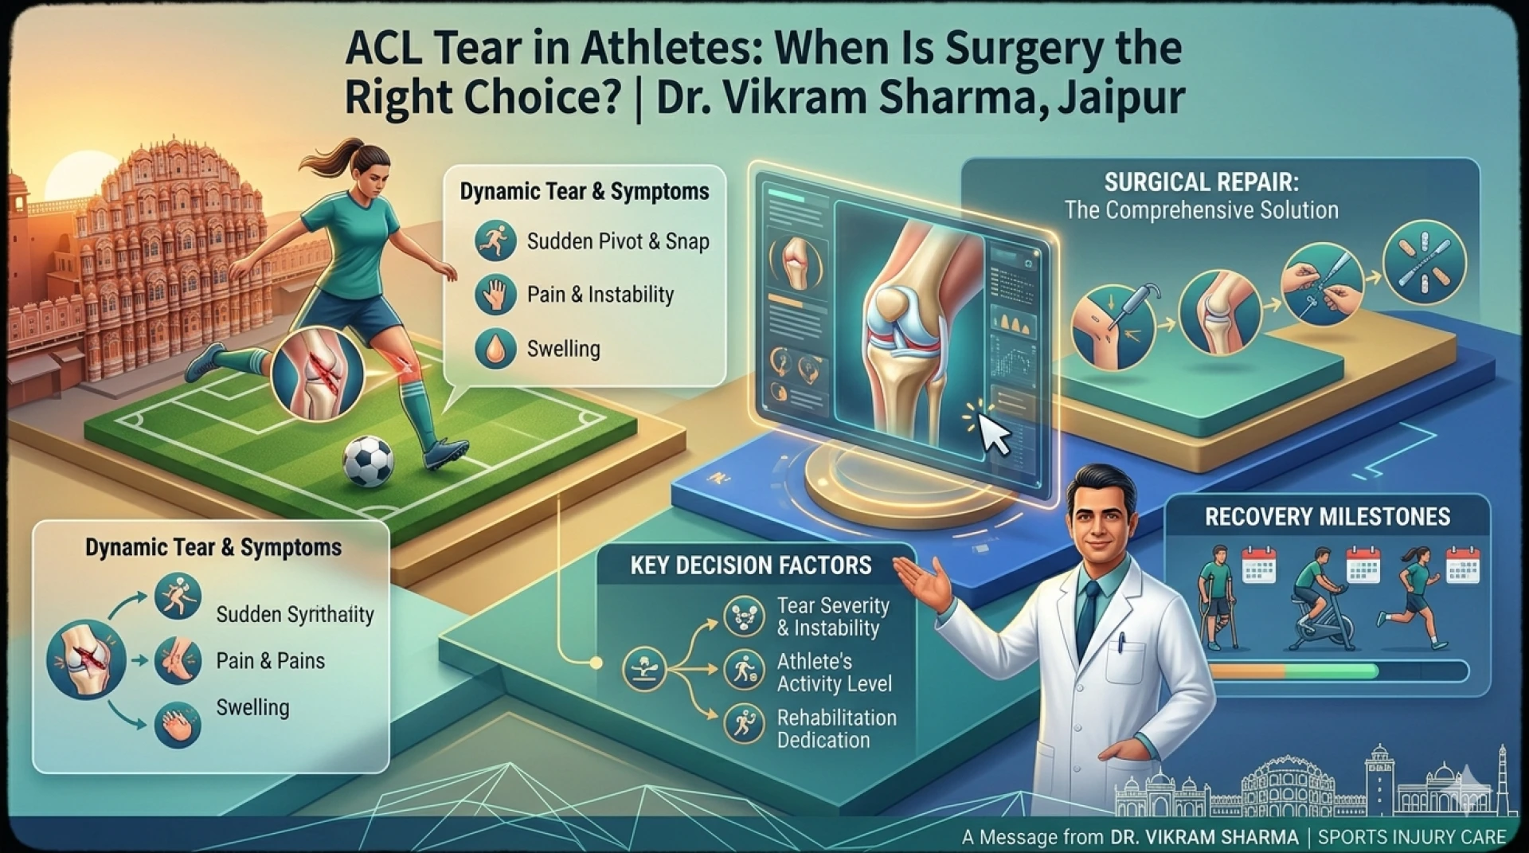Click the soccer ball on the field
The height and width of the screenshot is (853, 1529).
click(x=368, y=462)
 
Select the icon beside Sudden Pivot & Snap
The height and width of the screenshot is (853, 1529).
click(x=495, y=241)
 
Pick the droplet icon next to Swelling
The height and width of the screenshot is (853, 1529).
click(x=495, y=349)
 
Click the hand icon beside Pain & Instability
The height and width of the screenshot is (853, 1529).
click(x=495, y=295)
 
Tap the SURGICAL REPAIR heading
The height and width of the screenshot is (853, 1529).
click(x=1201, y=182)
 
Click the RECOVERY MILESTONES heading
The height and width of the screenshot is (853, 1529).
click(x=1327, y=517)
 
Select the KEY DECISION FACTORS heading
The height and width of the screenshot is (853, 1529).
click(x=750, y=565)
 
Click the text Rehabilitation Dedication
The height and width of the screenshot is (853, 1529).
click(x=836, y=729)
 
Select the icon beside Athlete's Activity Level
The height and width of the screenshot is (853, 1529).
click(x=745, y=671)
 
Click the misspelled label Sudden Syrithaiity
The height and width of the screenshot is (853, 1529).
click(x=295, y=615)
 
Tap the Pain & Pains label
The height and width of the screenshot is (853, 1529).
click(x=270, y=661)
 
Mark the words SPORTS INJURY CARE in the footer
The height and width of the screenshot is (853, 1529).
click(x=1411, y=837)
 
